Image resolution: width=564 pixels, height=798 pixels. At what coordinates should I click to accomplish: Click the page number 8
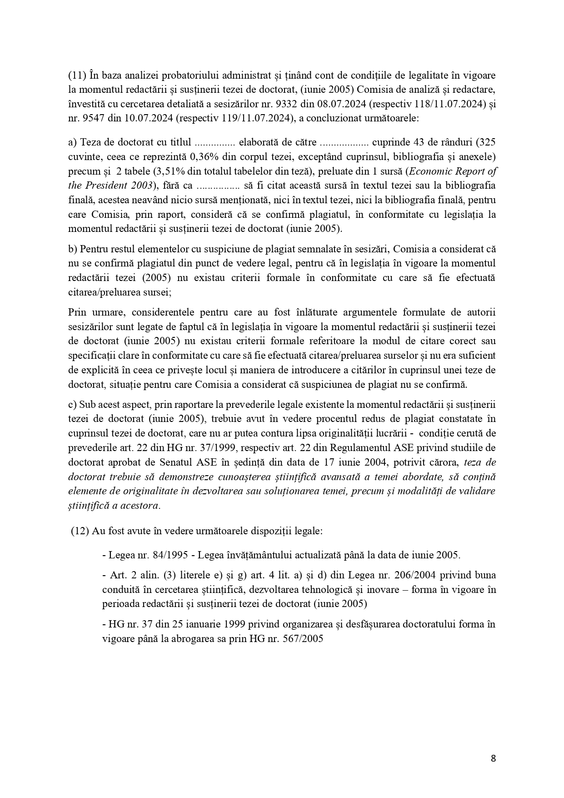[x=493, y=758]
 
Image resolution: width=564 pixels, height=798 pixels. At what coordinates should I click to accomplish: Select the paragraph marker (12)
[x=80, y=531]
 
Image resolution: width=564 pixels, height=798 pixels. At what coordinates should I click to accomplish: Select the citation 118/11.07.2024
[x=448, y=104]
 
